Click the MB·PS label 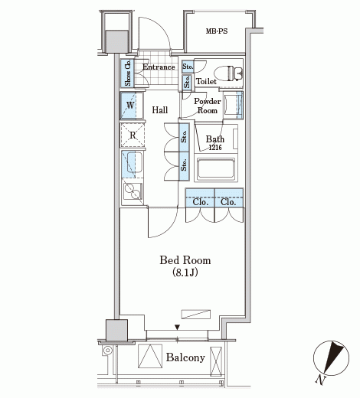217,31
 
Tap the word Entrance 159,67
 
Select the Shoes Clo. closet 127,73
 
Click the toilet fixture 227,73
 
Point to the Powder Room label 208,106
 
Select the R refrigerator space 133,135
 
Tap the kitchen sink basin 135,162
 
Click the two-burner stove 133,191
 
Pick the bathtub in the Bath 216,168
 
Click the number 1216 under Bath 215,148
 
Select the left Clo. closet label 201,202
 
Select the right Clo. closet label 228,202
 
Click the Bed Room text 185,260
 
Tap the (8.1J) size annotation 185,272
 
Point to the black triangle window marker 177,327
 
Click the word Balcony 185,357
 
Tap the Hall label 160,110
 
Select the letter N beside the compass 320,380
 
